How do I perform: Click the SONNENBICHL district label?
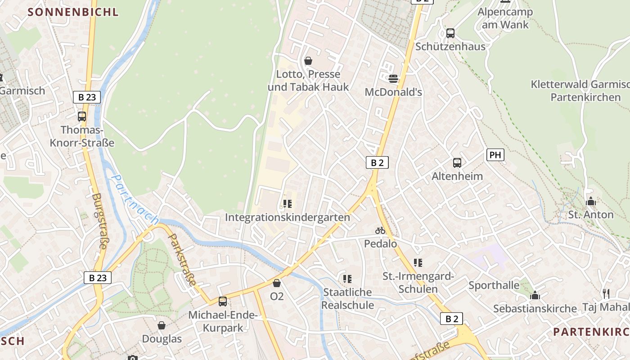point(73,12)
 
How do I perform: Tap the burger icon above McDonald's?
point(393,79)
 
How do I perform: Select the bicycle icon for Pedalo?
point(380,230)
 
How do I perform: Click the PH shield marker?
point(495,155)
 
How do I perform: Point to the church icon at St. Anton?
point(591,201)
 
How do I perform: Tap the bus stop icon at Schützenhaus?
point(450,33)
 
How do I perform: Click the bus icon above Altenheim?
point(457,162)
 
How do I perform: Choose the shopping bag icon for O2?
point(277,283)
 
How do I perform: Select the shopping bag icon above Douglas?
point(162,325)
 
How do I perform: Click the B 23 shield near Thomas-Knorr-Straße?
point(86,97)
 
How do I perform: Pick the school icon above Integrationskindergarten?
point(288,204)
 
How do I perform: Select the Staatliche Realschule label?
point(348,299)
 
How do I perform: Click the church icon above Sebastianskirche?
point(535,295)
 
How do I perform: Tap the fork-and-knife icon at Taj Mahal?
point(606,294)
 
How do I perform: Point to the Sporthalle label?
point(494,285)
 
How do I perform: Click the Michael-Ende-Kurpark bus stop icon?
point(222,301)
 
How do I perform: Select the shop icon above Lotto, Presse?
point(308,60)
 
